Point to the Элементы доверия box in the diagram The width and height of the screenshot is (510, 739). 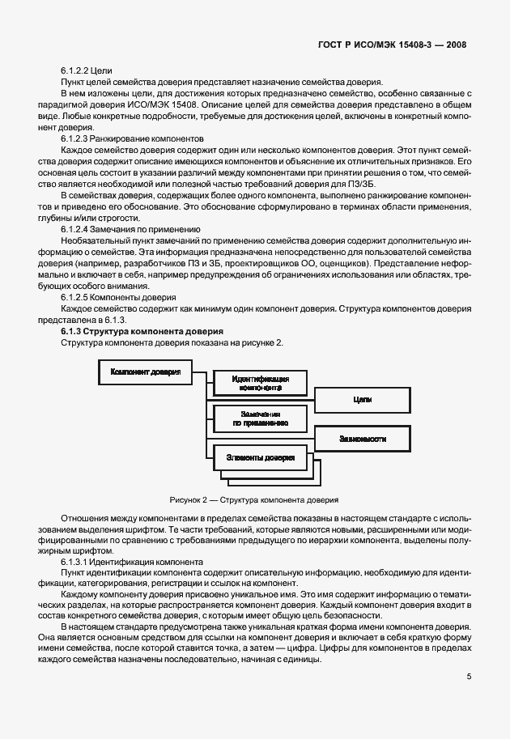pyautogui.click(x=260, y=458)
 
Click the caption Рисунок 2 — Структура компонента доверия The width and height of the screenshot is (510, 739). pyautogui.click(x=254, y=500)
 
